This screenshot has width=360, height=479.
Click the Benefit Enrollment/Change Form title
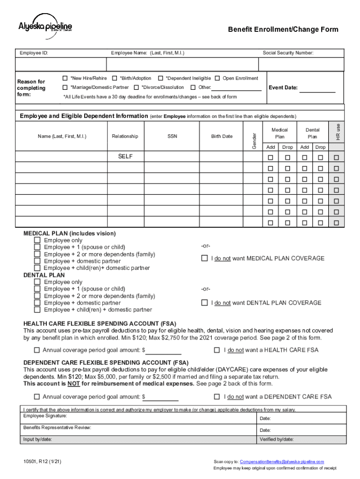tap(283, 29)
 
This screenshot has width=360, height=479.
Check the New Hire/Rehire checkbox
tap(65, 78)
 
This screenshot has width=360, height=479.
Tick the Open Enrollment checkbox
tap(217, 78)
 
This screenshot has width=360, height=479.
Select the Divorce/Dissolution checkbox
tap(136, 87)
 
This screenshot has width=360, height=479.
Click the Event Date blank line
tap(317, 88)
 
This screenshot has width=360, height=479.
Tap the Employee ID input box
tap(61, 65)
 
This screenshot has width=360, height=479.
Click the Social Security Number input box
tap(302, 65)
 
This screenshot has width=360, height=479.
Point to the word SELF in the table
tap(125, 157)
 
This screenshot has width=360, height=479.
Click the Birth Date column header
tap(222, 137)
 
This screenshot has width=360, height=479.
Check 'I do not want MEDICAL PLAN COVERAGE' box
tap(204, 258)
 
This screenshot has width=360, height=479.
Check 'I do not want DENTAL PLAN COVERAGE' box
tap(204, 303)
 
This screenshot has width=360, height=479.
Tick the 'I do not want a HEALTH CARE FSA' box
tap(216, 350)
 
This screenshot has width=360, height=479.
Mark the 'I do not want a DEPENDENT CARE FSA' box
tap(216, 397)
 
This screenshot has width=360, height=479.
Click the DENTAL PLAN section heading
tap(44, 275)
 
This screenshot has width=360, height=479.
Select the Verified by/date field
tap(302, 440)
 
